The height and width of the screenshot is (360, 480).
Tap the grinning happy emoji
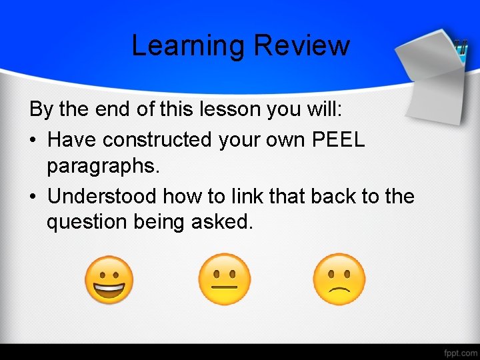coord(109,280)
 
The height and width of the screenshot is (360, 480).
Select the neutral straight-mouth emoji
coord(225,280)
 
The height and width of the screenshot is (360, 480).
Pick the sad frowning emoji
coord(339,280)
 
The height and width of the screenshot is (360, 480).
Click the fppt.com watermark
coord(459,351)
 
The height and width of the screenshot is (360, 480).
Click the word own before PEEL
coord(281,139)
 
